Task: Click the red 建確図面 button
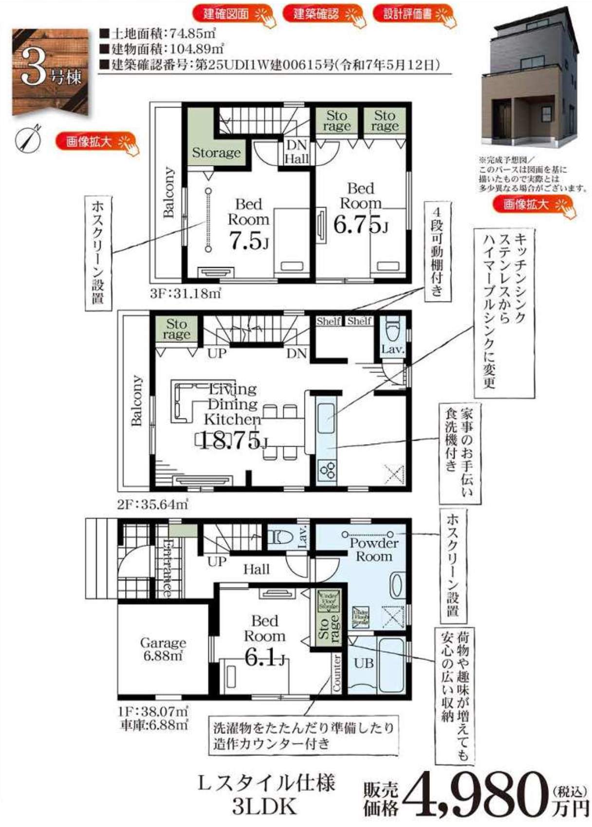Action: pyautogui.click(x=226, y=14)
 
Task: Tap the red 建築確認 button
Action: pyautogui.click(x=316, y=14)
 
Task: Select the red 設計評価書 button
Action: pyautogui.click(x=408, y=14)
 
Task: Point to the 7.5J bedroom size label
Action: pyautogui.click(x=249, y=241)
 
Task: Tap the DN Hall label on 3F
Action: pyautogui.click(x=296, y=151)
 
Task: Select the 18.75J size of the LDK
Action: pyautogui.click(x=233, y=440)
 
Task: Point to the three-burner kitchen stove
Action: pyautogui.click(x=327, y=470)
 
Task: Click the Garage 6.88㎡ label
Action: pyautogui.click(x=163, y=649)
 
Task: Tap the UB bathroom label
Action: pyautogui.click(x=364, y=663)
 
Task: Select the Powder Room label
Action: pyautogui.click(x=374, y=549)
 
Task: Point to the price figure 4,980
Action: pyautogui.click(x=475, y=794)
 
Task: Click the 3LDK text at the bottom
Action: pyautogui.click(x=264, y=807)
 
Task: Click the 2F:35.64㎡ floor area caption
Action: pyautogui.click(x=152, y=504)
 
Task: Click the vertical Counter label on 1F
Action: pyautogui.click(x=336, y=673)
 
